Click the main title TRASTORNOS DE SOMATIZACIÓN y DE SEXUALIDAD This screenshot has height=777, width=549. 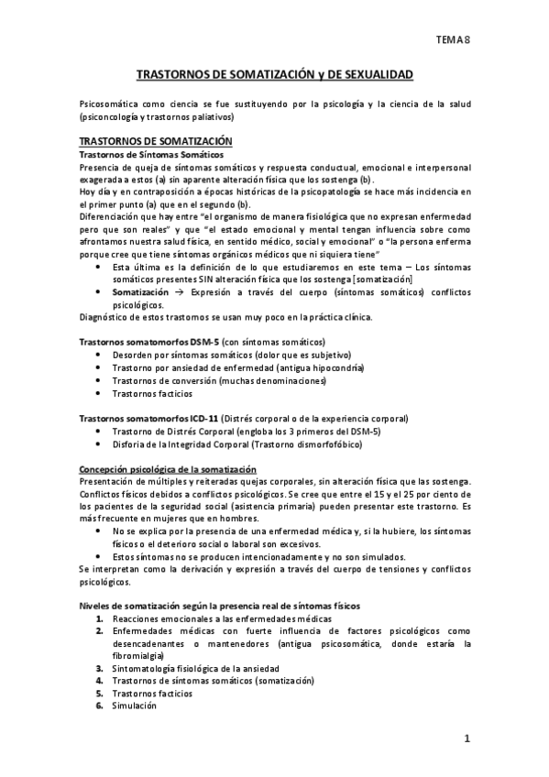(274, 71)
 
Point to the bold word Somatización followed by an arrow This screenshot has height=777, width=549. (141, 290)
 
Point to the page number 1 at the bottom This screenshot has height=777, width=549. (467, 739)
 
